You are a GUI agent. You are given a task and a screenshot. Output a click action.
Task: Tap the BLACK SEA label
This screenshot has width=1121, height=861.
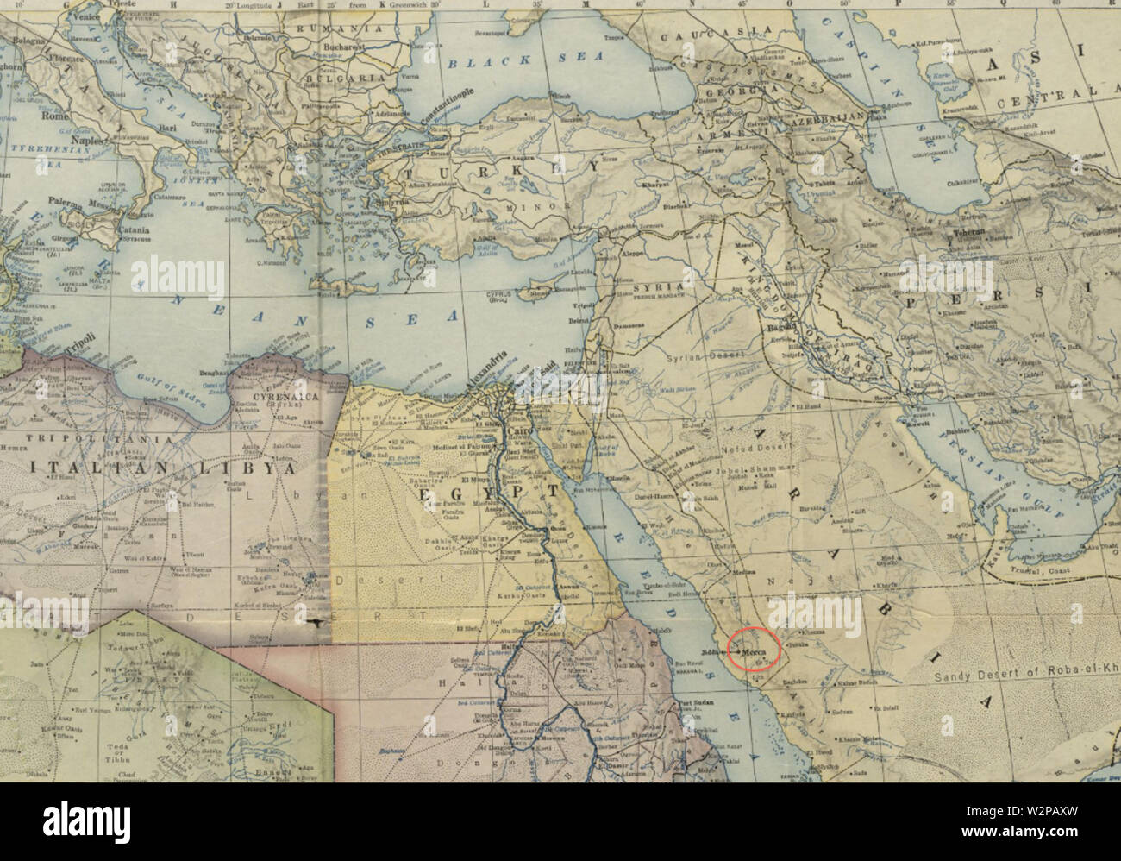click(x=490, y=62)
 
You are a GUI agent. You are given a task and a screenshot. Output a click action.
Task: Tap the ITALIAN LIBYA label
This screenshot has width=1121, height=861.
click(x=155, y=468)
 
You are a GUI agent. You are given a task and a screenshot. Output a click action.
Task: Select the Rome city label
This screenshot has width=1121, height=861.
click(x=55, y=115)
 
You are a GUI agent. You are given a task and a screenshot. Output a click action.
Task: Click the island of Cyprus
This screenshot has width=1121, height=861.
click(x=541, y=293)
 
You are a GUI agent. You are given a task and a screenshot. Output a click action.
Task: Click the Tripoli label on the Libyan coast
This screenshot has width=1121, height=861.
click(x=76, y=339)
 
